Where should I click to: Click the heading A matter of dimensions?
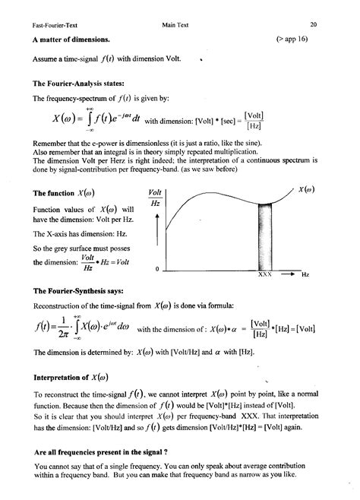[71, 38]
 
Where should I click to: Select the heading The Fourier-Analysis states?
[83, 84]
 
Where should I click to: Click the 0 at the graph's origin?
[156, 270]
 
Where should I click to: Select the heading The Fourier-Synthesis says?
[84, 291]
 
